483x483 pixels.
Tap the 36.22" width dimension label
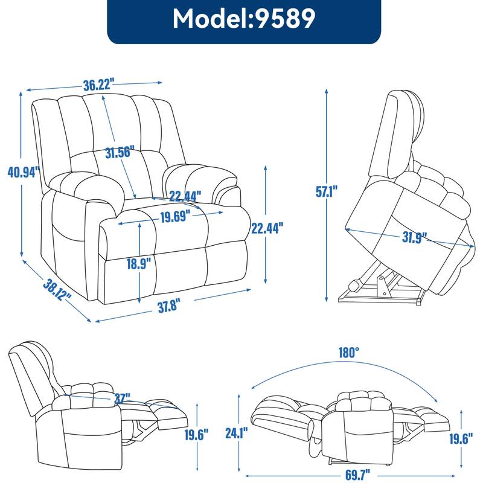click(x=99, y=85)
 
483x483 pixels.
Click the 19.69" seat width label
click(x=175, y=216)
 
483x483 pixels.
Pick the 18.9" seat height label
click(x=139, y=264)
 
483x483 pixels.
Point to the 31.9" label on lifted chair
click(x=414, y=236)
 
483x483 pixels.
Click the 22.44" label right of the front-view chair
click(x=266, y=228)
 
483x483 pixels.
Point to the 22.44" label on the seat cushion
click(x=185, y=196)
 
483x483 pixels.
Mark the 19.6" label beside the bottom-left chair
click(x=197, y=434)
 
